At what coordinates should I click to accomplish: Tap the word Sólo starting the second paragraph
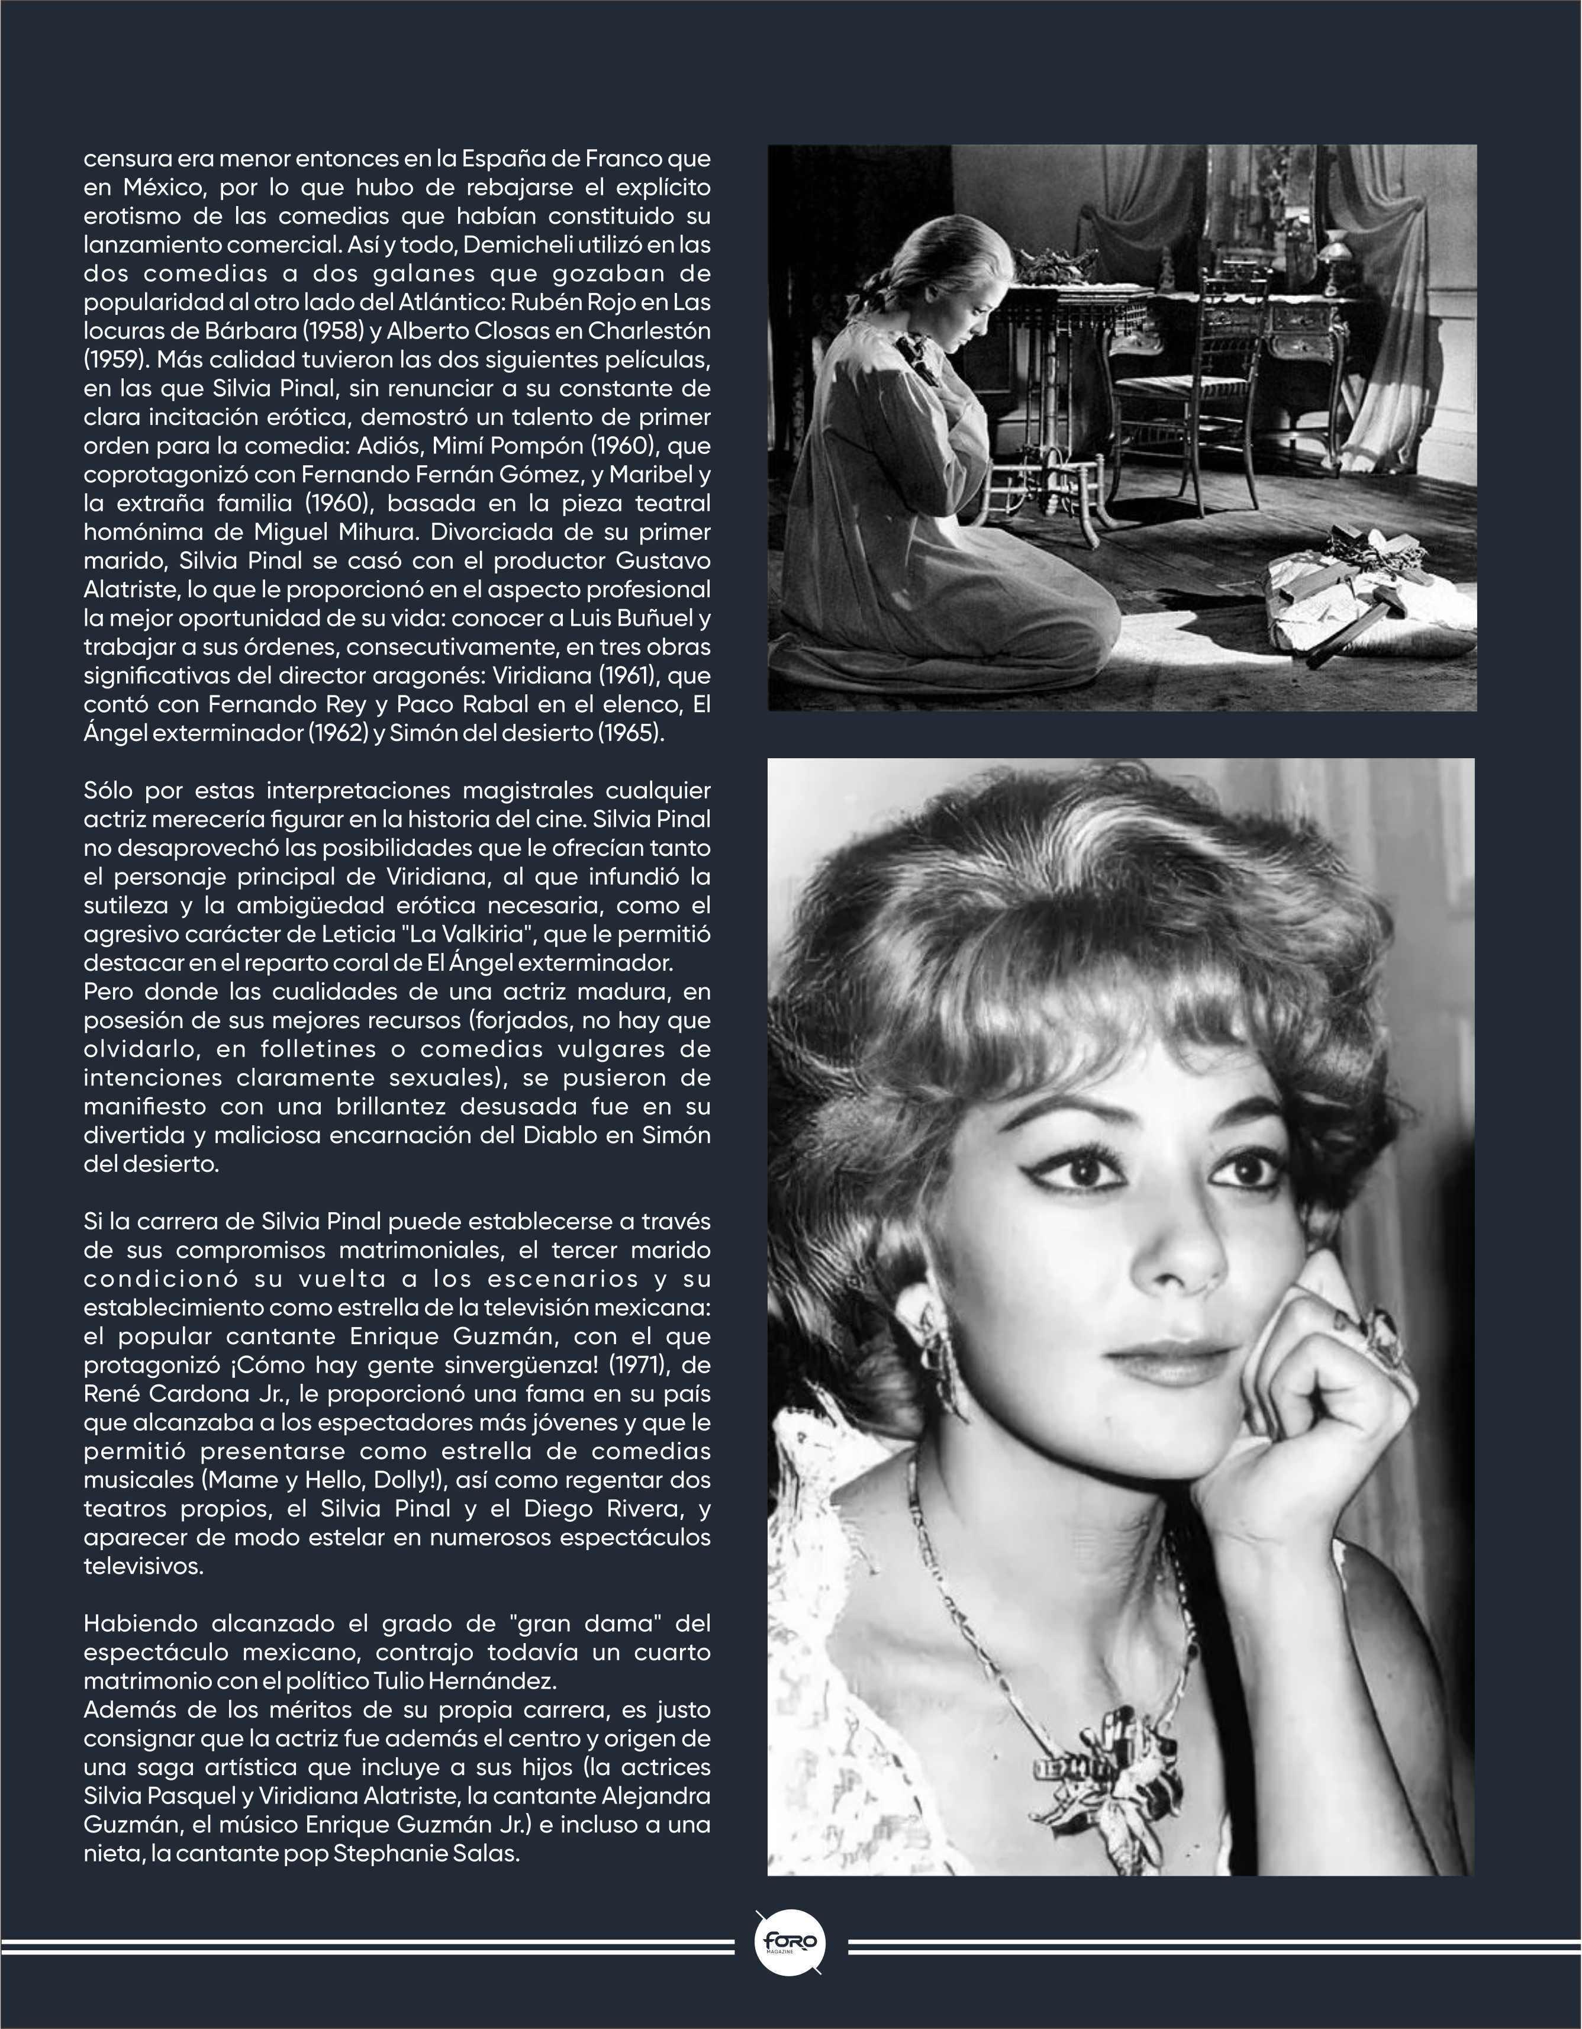[x=109, y=791]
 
